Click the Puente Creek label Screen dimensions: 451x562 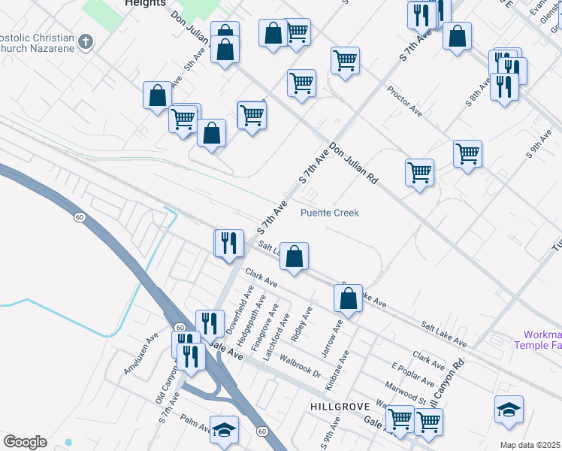(x=330, y=213)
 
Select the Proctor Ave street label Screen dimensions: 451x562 (x=404, y=101)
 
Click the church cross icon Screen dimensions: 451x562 (x=86, y=41)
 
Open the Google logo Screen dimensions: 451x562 (x=25, y=442)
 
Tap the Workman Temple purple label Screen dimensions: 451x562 (x=537, y=340)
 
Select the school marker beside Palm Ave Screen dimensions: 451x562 (x=224, y=429)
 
